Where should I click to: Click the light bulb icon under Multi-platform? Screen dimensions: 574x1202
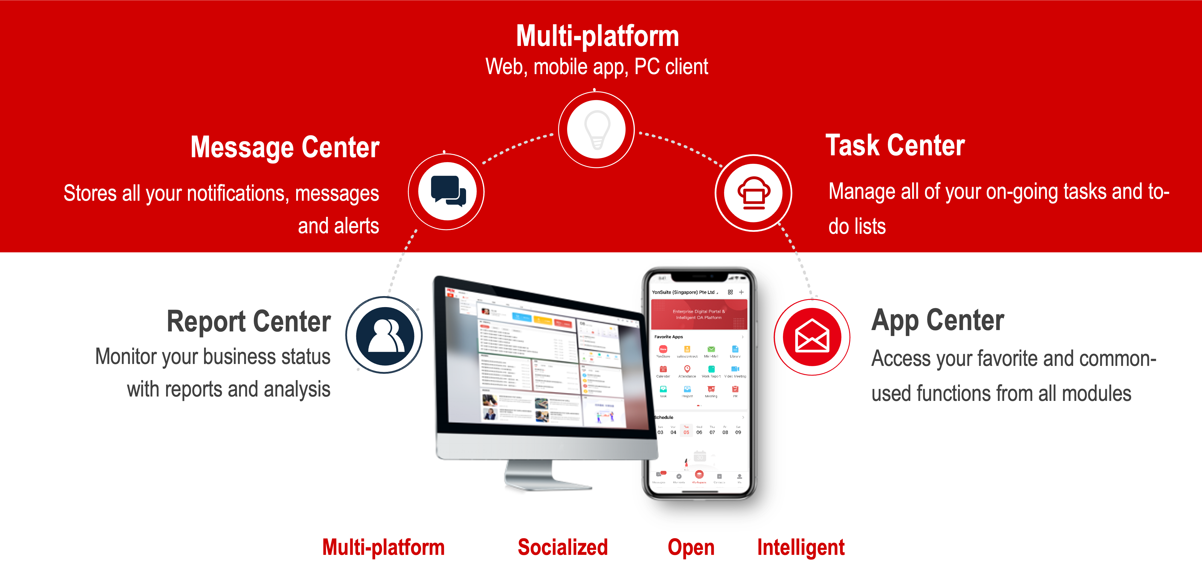596,129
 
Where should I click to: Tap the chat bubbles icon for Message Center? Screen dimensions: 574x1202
447,191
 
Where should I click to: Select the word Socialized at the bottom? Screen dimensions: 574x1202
563,547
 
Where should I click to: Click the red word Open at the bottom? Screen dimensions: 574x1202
691,547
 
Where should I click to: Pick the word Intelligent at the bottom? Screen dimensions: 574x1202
801,547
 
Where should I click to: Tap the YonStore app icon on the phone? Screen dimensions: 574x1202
663,349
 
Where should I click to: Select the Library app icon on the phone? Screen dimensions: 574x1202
735,349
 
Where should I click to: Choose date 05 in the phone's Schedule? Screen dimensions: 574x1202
687,432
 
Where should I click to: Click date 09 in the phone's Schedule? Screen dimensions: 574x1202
738,432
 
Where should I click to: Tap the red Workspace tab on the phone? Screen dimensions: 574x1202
699,476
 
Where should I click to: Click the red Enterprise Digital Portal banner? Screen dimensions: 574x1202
699,314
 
